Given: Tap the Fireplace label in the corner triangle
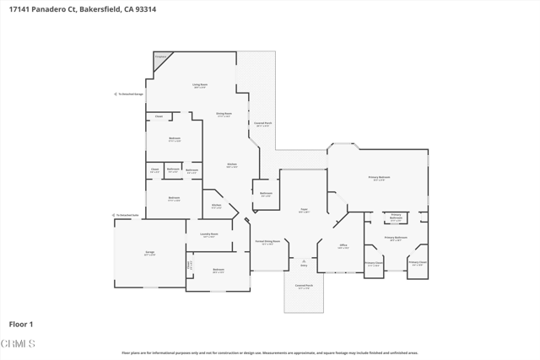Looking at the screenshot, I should pos(160,56).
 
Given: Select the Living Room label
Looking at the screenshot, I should pos(200,85).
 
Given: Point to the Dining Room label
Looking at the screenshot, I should pos(224,114).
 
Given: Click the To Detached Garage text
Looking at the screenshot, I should pos(131,94).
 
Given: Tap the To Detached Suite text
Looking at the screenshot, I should pos(127,215).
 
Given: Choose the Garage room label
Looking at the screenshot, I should pos(149,252).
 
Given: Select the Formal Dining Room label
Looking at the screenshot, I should pos(267,242).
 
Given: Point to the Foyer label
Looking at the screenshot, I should pos(304,210).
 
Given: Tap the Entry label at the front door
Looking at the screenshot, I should pos(304,265).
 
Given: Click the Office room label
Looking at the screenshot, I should pos(343,246).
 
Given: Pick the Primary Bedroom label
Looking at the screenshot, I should pos(379,178).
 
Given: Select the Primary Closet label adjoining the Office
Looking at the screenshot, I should pos(374,263).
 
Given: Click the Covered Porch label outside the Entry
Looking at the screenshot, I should pos(304,287).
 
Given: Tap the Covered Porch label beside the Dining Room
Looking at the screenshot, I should pos(263,123).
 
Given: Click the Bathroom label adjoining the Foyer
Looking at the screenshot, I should pos(266,194).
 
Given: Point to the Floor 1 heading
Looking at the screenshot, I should pos(21,324).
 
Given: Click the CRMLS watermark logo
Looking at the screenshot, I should pos(19,344).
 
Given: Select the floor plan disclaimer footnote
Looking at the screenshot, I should pos(270,353).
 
